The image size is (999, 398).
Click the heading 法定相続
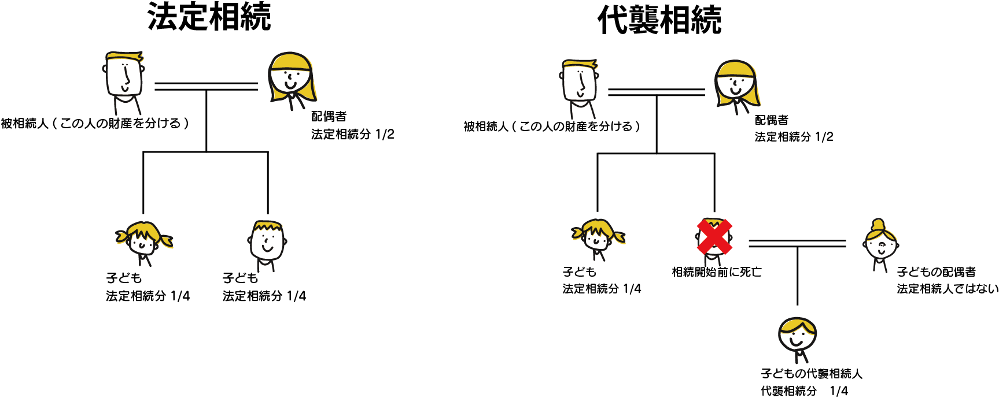[x=209, y=17]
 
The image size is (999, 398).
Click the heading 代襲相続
[x=659, y=20]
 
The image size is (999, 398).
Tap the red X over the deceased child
[x=714, y=237]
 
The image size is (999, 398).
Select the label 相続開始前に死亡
[x=717, y=272]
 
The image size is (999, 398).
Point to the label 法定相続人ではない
[x=947, y=289]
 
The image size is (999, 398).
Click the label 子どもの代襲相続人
[x=811, y=374]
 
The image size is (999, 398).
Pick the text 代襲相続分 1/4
[x=804, y=391]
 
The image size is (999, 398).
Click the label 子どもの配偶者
[x=936, y=271]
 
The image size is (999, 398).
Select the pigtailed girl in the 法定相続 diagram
[x=143, y=240]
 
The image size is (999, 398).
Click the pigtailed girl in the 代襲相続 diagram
[x=598, y=236]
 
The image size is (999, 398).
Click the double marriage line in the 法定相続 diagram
[x=206, y=87]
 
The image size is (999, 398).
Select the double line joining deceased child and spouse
[x=797, y=243]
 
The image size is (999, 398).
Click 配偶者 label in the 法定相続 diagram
[x=329, y=117]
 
